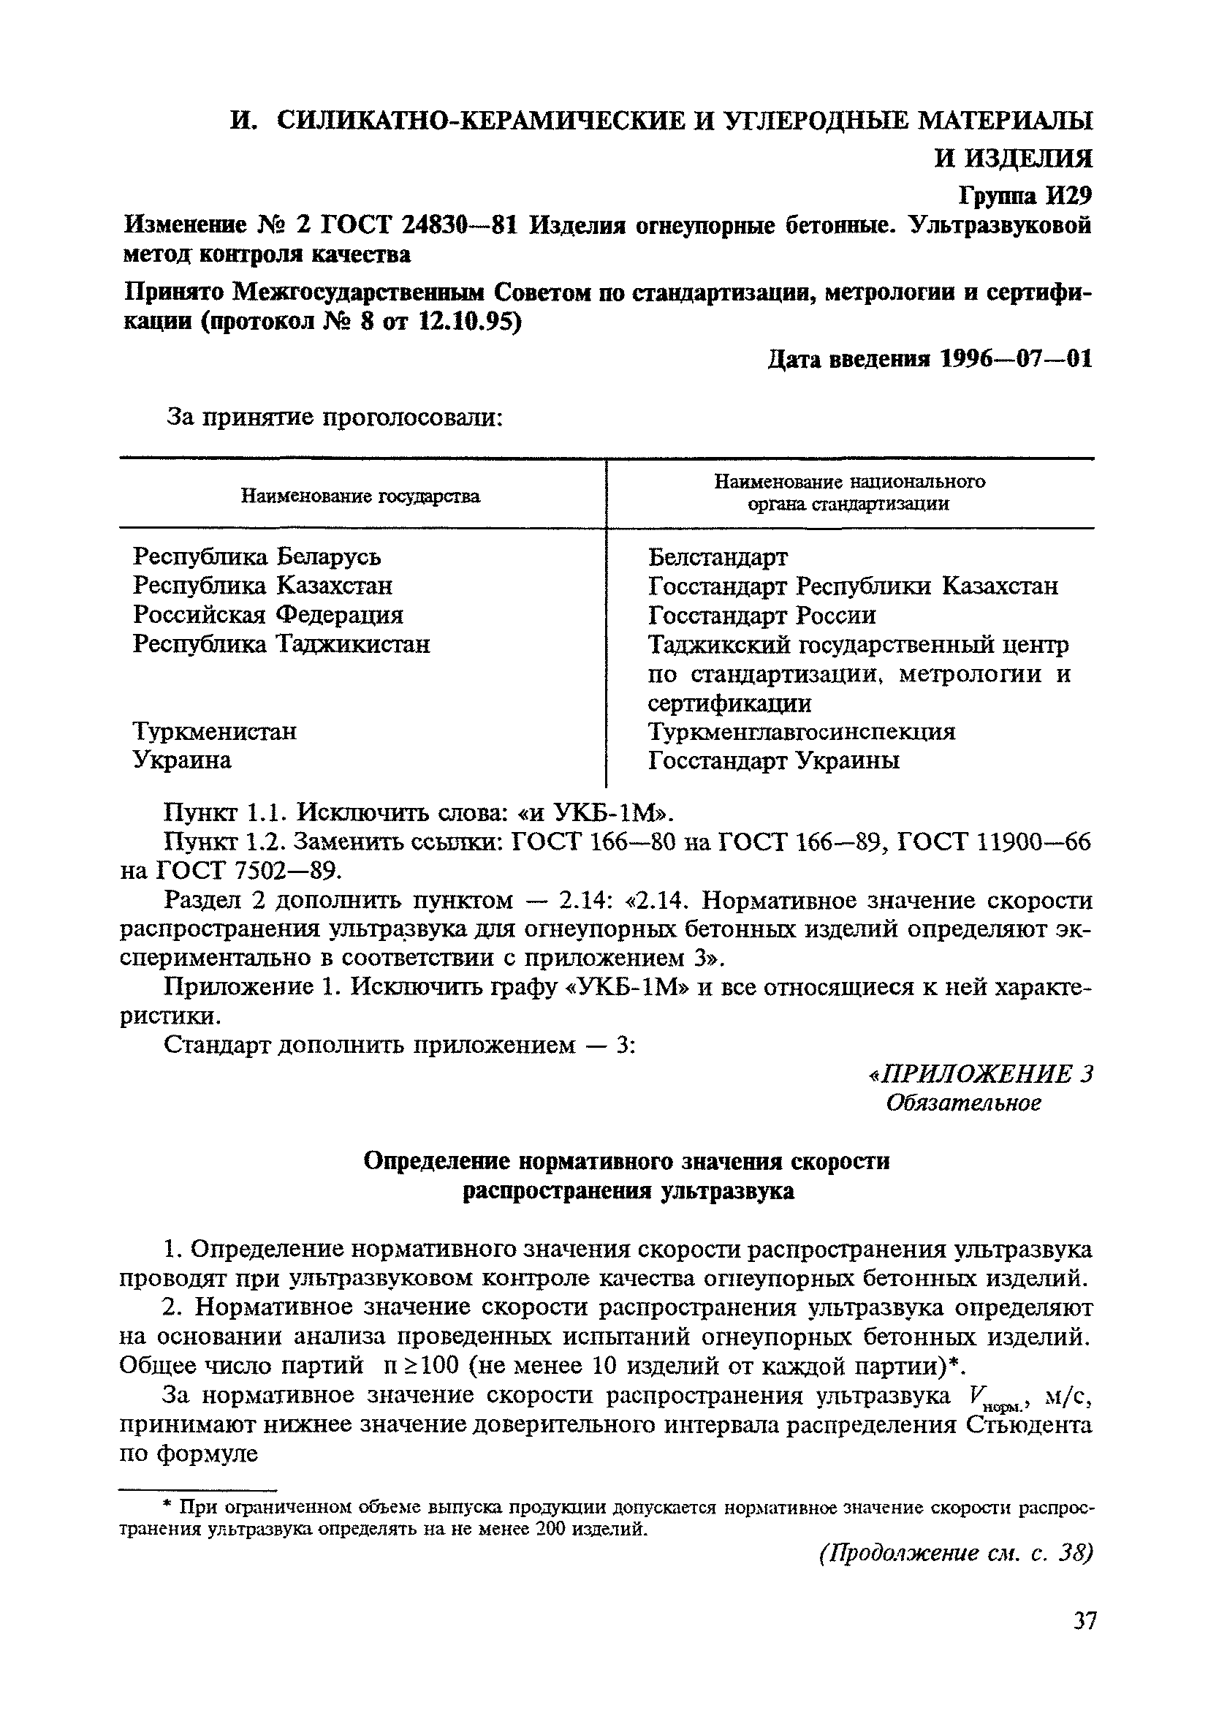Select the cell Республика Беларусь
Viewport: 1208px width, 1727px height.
[x=257, y=556]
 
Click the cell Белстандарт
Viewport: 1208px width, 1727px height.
[x=718, y=557]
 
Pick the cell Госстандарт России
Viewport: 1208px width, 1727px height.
[x=762, y=616]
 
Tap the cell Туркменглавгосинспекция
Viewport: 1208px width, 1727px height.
[x=802, y=731]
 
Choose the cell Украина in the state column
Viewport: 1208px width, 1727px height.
[x=183, y=760]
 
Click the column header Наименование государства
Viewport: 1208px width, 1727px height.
[x=360, y=496]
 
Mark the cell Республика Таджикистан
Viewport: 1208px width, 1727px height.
[x=282, y=645]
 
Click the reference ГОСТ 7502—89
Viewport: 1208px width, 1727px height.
[x=248, y=871]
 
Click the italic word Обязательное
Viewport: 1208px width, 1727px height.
[x=964, y=1103]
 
